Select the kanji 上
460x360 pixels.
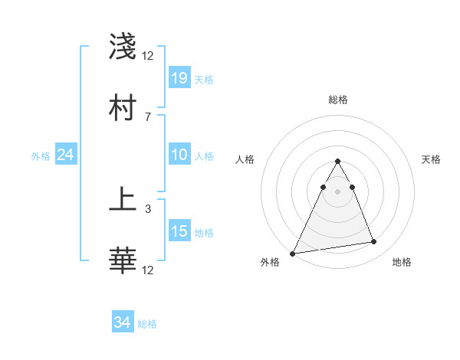pos(123,200)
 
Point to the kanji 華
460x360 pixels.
pos(123,260)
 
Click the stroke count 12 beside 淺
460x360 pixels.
pos(148,56)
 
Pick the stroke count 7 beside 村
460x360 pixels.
pos(147,116)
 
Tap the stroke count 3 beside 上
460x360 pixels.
pos(147,208)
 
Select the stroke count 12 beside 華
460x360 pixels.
pos(148,270)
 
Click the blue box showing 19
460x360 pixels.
pos(179,78)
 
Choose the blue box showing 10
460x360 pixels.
pos(179,155)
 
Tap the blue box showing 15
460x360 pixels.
pos(179,231)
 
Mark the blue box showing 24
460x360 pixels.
pos(66,155)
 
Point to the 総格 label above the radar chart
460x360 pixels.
pos(338,100)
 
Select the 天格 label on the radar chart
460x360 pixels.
pos(431,159)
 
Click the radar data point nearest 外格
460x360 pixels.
pos(293,254)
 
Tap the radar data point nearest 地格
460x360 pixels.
pos(374,242)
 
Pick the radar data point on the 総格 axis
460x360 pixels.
pos(338,162)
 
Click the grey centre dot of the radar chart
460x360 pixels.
pos(338,191)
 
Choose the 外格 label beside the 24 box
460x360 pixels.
pos(40,155)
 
